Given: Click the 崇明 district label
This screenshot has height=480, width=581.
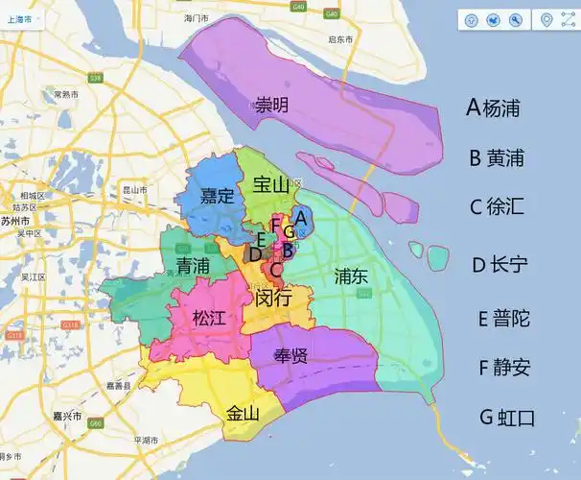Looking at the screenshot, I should [271, 105].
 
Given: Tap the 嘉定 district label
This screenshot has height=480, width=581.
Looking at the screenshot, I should [218, 196].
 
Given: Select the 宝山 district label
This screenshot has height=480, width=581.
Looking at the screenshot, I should [271, 184].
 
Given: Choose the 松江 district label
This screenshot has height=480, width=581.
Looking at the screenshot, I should [209, 318].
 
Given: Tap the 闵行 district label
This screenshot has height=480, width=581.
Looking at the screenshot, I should [275, 298].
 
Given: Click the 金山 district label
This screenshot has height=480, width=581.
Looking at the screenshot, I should [243, 414].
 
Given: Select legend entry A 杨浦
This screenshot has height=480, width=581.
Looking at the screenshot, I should [493, 108].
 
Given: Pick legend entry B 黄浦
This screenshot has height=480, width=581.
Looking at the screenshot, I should [497, 158].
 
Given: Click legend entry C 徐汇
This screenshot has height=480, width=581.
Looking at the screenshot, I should [497, 207].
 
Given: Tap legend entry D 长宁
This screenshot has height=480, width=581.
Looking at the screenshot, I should [499, 265].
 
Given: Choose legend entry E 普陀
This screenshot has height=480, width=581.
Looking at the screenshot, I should [503, 318].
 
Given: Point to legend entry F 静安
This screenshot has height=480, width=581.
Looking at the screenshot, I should [503, 367].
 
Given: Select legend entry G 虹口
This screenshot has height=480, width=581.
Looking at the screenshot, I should [506, 418].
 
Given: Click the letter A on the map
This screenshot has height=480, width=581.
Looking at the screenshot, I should [301, 217].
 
